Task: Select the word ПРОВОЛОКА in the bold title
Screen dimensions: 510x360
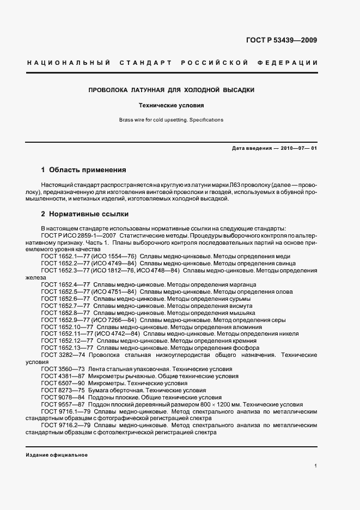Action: click(x=108, y=89)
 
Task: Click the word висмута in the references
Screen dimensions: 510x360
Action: click(x=240, y=306)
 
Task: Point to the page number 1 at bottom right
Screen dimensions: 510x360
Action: click(x=315, y=466)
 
